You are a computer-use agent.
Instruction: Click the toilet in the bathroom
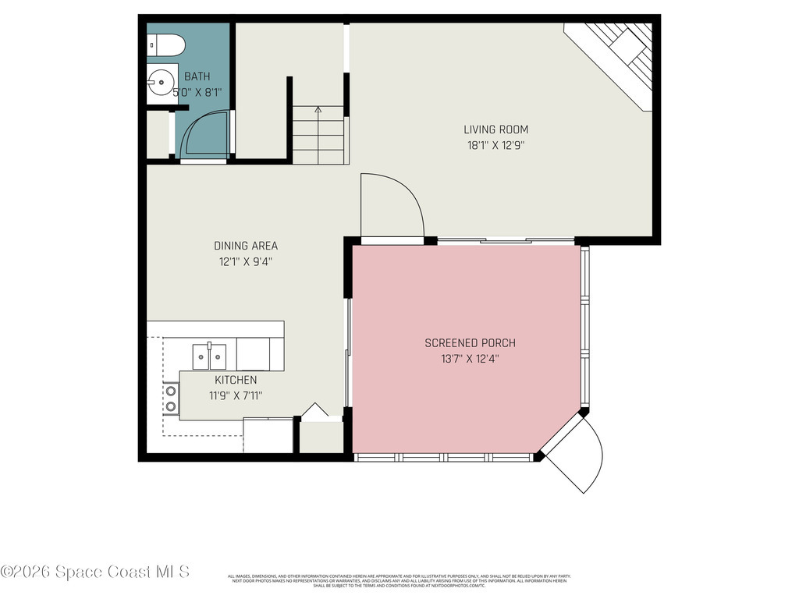point(165,47)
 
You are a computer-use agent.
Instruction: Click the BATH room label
point(197,76)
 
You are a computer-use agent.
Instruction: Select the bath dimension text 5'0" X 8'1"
point(197,92)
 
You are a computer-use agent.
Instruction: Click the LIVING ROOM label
point(495,129)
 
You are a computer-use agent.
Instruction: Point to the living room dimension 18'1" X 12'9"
point(495,144)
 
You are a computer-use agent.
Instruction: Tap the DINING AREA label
point(246,246)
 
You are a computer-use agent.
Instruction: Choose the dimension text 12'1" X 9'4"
point(246,262)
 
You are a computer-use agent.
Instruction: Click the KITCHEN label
point(236,380)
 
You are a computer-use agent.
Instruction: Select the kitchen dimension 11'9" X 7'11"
point(236,395)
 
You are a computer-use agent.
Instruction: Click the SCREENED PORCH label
point(470,343)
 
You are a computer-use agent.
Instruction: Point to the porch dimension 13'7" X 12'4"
point(470,359)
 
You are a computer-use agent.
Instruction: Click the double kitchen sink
point(210,356)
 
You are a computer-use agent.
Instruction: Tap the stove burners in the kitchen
point(169,399)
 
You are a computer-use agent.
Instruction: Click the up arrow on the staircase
point(318,110)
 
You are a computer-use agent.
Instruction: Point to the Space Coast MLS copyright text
point(95,572)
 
